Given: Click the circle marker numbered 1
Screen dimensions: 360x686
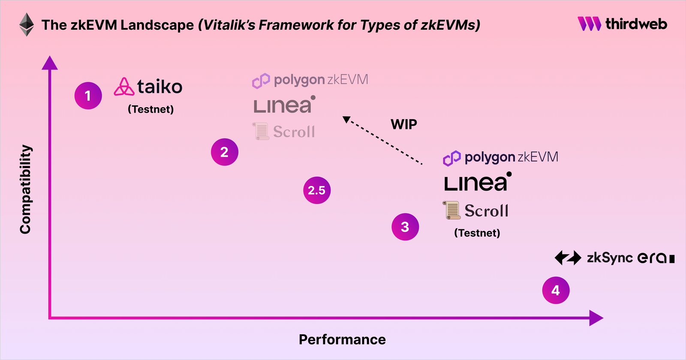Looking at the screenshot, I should coord(88,96).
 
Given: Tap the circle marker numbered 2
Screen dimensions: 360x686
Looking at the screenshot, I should coord(224,152).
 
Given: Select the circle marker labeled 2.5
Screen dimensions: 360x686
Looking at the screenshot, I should coord(316,190).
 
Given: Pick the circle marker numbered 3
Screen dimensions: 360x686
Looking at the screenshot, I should coord(405,227).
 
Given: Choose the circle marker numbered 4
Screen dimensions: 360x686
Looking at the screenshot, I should coord(556,290).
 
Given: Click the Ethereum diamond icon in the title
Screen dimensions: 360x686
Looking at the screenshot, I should coord(27,25).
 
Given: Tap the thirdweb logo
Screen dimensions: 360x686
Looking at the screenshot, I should coord(622,24).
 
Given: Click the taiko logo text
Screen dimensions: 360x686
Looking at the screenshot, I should coord(159,87).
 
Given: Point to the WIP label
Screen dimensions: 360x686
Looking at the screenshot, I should coord(403,124).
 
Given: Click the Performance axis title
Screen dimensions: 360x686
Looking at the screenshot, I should coord(342,339).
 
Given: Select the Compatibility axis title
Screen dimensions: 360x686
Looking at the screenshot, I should coord(26,189).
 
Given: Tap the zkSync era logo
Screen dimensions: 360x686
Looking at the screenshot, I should coord(614,258).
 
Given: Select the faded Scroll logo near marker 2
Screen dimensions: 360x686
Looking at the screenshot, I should coord(284,131).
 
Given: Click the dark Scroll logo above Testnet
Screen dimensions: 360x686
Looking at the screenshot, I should coord(475,210).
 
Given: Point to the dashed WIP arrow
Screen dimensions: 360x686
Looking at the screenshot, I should coord(383,142).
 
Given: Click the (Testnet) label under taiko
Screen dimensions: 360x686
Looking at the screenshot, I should coord(150,109).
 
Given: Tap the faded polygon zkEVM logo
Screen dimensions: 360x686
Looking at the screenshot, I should coord(310,80).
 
